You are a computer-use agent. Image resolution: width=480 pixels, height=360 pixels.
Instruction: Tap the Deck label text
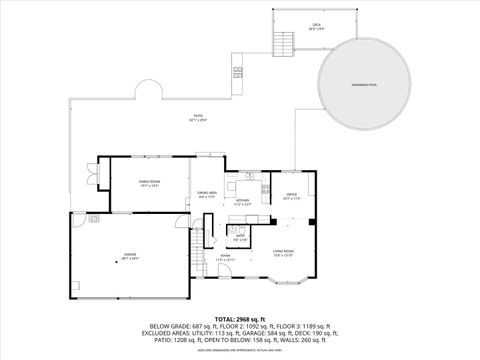(x=316, y=25)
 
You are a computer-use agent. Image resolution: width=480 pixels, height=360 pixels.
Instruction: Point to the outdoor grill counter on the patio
(x=237, y=71)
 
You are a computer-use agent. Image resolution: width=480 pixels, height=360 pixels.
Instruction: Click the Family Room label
(x=150, y=183)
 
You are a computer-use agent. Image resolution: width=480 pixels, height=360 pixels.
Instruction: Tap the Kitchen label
(x=242, y=201)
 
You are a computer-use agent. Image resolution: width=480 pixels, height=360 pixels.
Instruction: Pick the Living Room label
(x=283, y=253)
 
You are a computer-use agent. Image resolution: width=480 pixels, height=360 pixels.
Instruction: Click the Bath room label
(x=240, y=239)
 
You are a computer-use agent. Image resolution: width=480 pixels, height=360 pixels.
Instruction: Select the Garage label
(x=130, y=256)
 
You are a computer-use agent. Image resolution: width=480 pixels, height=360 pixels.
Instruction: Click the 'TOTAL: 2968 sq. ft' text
(x=239, y=318)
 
